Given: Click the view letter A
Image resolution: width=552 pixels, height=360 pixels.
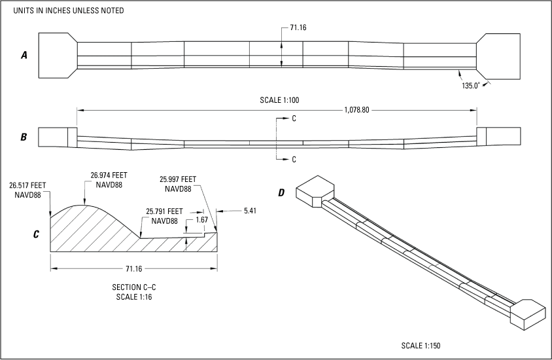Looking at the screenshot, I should pyautogui.click(x=24, y=56).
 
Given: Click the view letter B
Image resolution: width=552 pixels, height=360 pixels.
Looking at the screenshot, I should pyautogui.click(x=24, y=137).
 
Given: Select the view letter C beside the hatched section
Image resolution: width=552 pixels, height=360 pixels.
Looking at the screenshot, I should pyautogui.click(x=37, y=232).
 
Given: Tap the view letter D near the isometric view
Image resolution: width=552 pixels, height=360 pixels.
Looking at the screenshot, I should pyautogui.click(x=282, y=192).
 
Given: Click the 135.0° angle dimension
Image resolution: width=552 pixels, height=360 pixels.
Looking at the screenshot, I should pyautogui.click(x=471, y=85).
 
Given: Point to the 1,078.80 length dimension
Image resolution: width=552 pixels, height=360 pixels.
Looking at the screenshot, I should pyautogui.click(x=356, y=110).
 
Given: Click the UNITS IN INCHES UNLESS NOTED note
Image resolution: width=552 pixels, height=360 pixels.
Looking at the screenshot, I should pyautogui.click(x=69, y=11).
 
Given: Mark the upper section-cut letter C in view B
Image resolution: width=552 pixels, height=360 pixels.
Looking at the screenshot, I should pyautogui.click(x=294, y=118).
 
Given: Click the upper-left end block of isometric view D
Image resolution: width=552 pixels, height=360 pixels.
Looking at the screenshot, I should pyautogui.click(x=315, y=189).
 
